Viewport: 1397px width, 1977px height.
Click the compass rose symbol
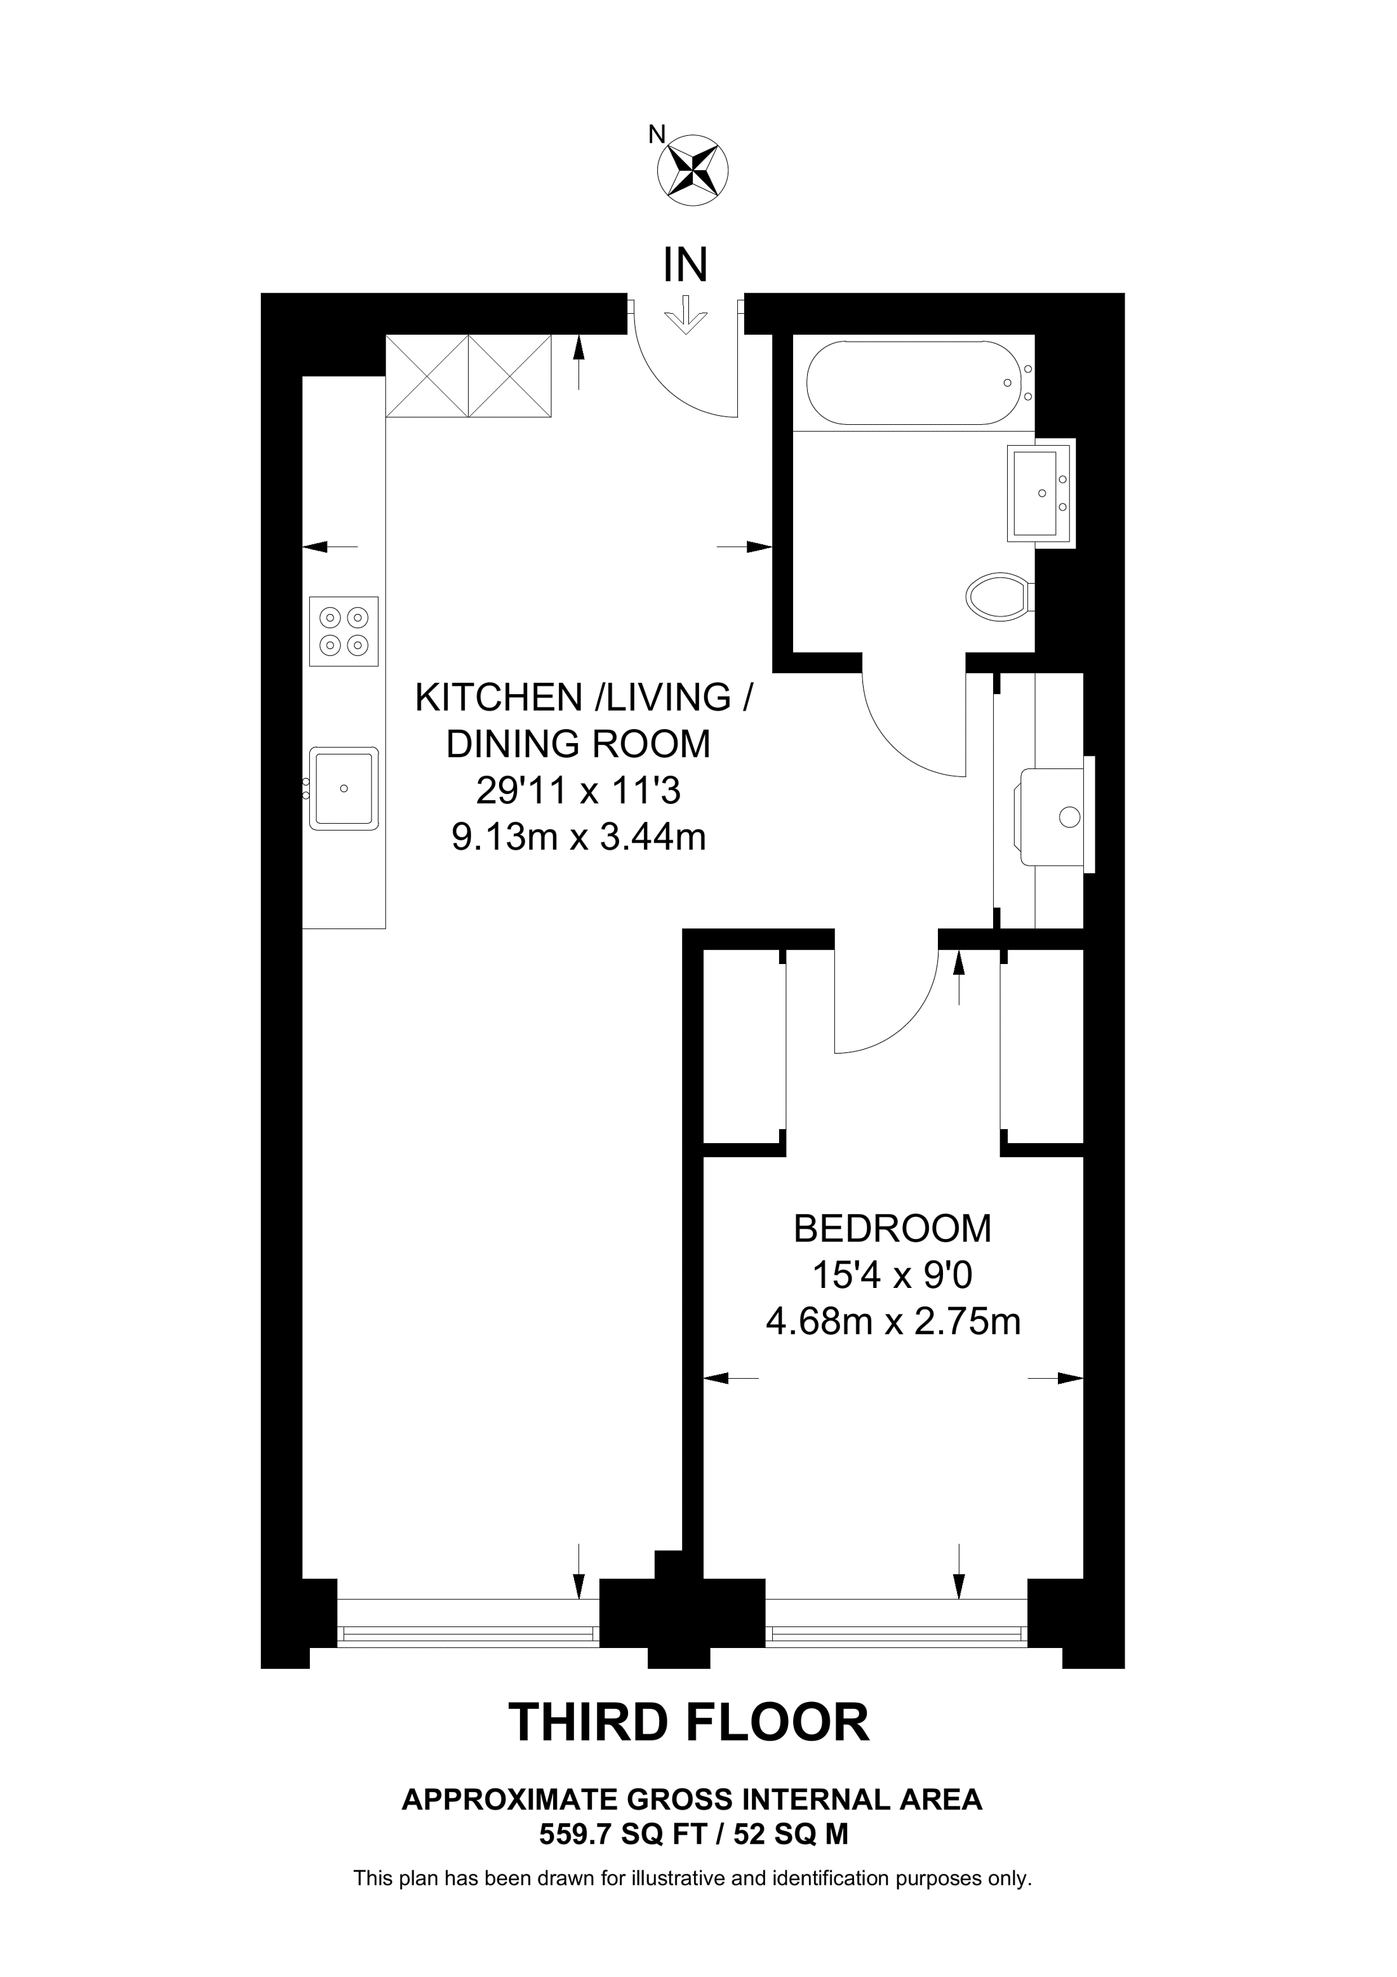click(x=692, y=170)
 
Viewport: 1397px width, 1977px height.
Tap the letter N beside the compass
click(x=657, y=135)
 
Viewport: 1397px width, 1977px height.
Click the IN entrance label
click(x=685, y=265)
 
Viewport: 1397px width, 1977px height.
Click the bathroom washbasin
click(x=1041, y=493)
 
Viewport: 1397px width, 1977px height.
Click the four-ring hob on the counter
click(x=344, y=631)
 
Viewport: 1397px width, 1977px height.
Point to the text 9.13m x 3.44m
click(x=578, y=837)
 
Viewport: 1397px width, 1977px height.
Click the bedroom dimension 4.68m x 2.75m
click(x=893, y=1321)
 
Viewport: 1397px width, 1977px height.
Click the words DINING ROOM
click(x=578, y=744)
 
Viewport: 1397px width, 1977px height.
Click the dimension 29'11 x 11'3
click(x=578, y=791)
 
